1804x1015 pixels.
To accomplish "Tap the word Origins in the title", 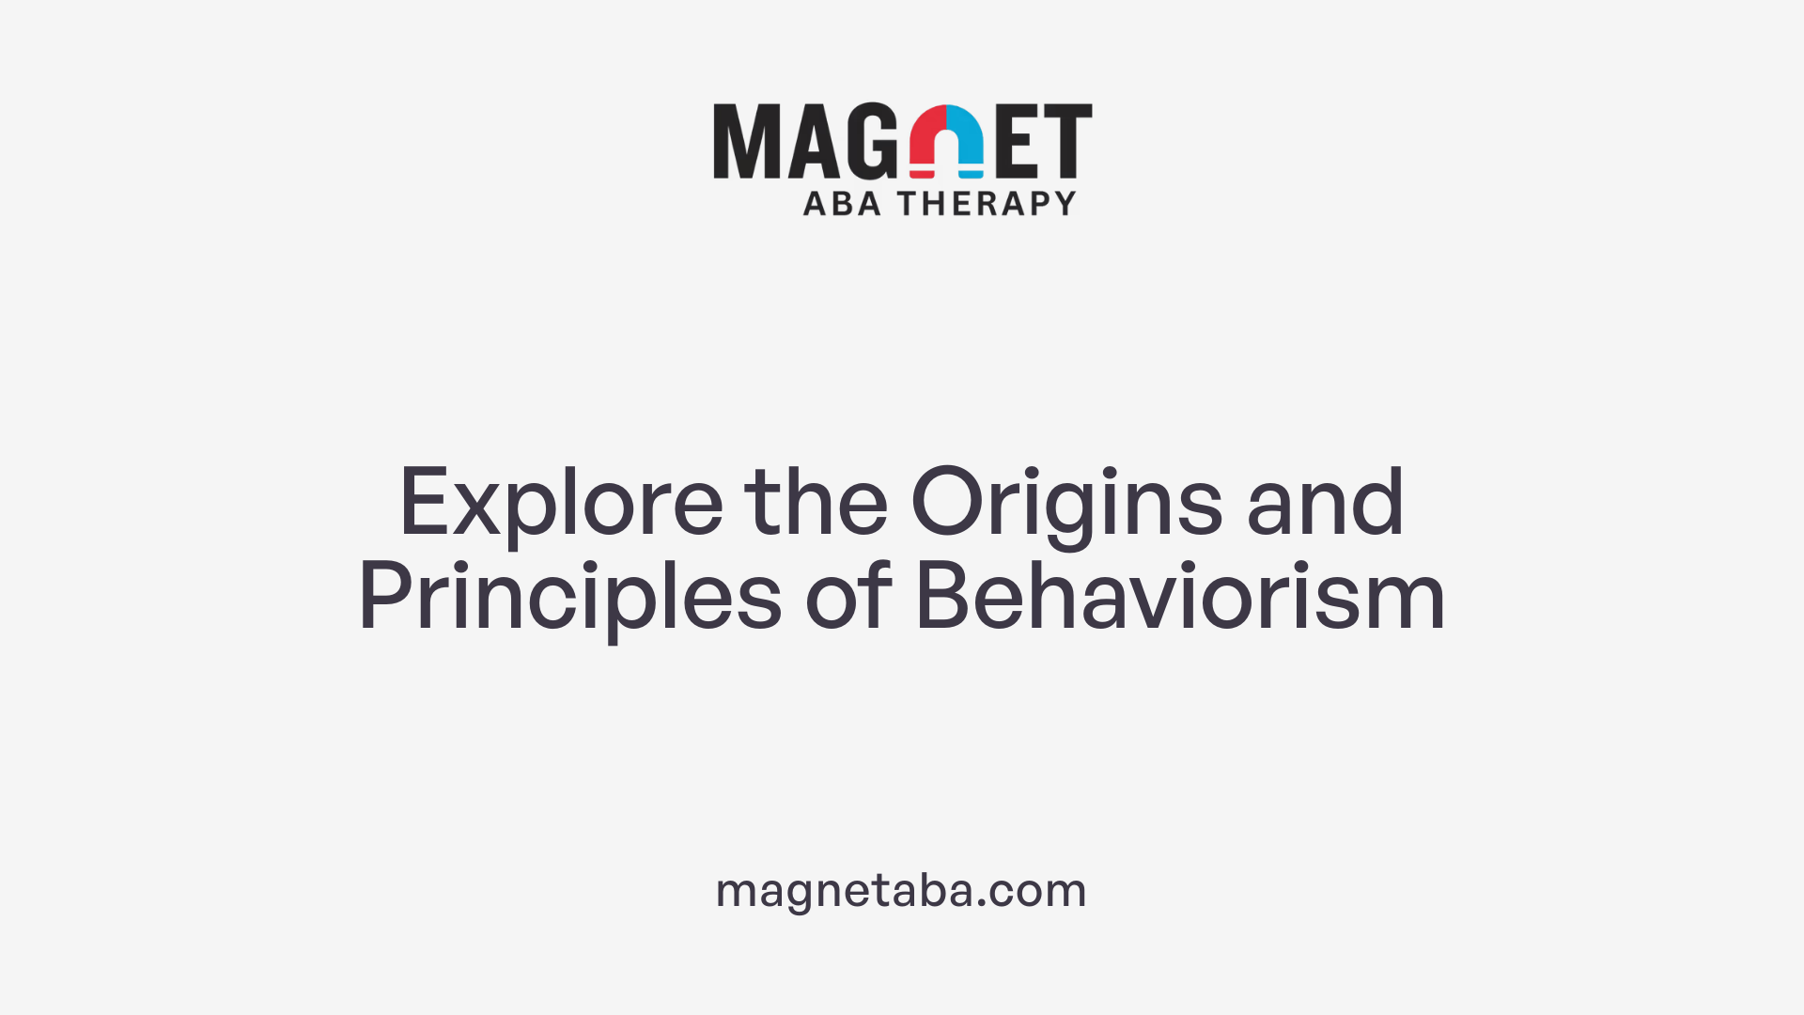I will click(x=1066, y=503).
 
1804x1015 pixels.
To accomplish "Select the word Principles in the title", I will click(x=569, y=598).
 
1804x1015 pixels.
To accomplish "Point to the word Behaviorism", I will click(x=1180, y=596).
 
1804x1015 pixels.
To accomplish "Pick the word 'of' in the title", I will click(x=848, y=596).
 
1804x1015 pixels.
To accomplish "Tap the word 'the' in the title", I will click(x=816, y=503).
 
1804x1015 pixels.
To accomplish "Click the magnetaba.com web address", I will click(x=901, y=890).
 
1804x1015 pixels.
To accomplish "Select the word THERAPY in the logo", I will click(x=987, y=204).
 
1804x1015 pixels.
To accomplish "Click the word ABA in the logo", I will click(x=842, y=204).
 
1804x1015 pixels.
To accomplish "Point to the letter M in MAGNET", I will click(x=747, y=141).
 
